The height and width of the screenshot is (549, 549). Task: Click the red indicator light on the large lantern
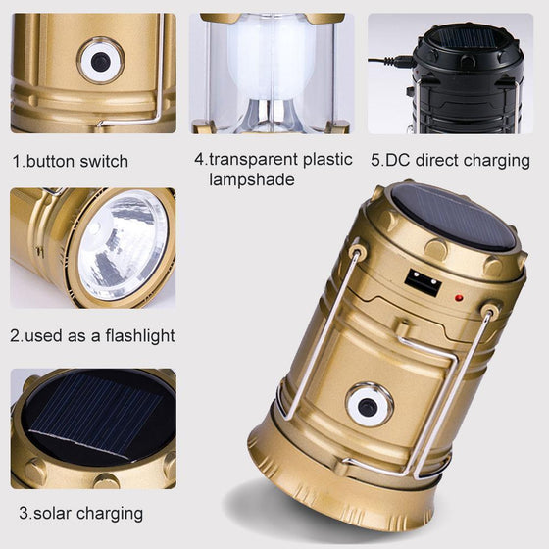pyautogui.click(x=457, y=296)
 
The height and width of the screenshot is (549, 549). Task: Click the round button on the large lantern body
pyautogui.click(x=370, y=406)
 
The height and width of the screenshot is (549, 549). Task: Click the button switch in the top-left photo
pyautogui.click(x=100, y=62)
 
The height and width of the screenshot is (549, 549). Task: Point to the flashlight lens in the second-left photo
pyautogui.click(x=123, y=246)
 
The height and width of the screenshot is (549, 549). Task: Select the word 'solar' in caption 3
pyautogui.click(x=50, y=513)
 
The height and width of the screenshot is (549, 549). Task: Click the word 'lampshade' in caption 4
pyautogui.click(x=251, y=180)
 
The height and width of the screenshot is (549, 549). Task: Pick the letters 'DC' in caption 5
pyautogui.click(x=395, y=160)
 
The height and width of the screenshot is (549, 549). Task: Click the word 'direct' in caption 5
pyautogui.click(x=438, y=160)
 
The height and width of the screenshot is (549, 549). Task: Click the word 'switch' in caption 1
pyautogui.click(x=107, y=161)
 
